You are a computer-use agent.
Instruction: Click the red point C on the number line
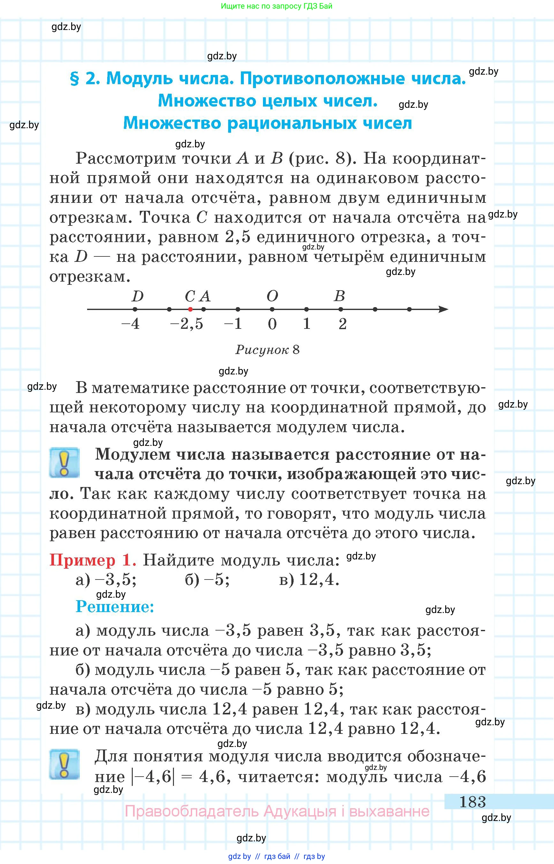click(190, 309)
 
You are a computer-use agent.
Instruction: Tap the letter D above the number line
click(138, 296)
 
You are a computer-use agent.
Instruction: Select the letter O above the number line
click(272, 296)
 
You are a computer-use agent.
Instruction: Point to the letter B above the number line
click(339, 296)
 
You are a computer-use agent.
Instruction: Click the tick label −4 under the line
click(131, 324)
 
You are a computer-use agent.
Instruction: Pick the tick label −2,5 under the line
click(187, 324)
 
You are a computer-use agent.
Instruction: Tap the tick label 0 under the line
click(272, 324)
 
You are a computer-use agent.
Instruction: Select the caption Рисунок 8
click(267, 350)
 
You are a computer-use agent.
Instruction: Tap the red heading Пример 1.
click(93, 560)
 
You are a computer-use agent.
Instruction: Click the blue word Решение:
click(115, 607)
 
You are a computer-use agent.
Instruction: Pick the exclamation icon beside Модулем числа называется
click(64, 463)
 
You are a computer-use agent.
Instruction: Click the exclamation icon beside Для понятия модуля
click(64, 764)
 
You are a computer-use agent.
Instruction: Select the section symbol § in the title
click(74, 79)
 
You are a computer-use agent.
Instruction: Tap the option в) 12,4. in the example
click(309, 580)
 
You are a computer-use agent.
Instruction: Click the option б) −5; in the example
click(207, 580)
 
